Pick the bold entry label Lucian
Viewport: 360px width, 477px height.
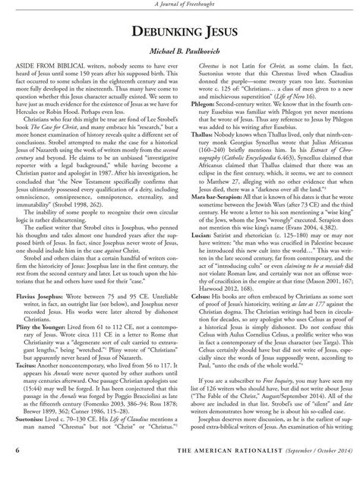[x=197, y=257]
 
